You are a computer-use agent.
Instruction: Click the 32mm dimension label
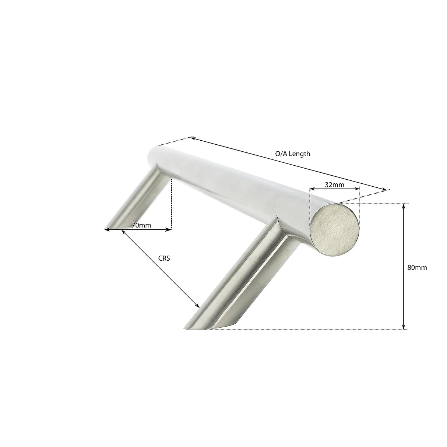coord(334,185)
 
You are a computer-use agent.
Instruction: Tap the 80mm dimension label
coord(417,268)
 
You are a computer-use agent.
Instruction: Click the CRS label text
coord(164,258)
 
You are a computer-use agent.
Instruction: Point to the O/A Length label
coord(293,154)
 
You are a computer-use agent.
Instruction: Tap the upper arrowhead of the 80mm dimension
coord(404,206)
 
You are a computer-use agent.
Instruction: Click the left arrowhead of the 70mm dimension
coord(107,230)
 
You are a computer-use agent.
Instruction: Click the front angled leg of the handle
coord(239,280)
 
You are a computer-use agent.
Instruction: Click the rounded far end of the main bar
coord(153,155)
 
